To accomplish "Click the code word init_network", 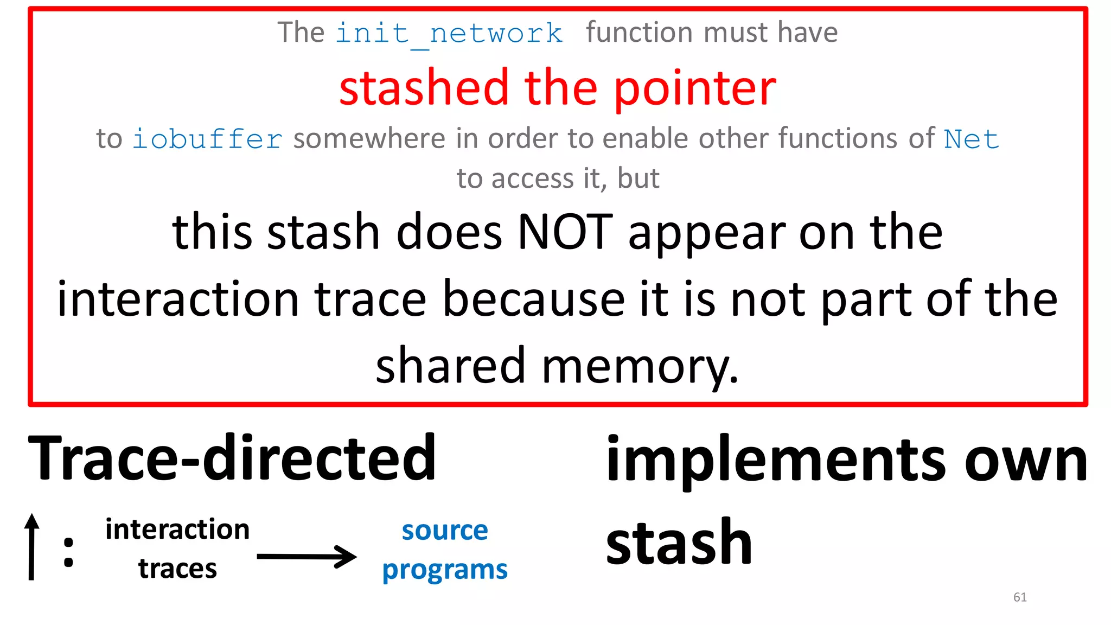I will pos(449,34).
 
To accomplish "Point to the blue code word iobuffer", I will pos(207,139).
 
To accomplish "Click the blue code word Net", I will pos(971,139).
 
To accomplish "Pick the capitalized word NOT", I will pos(565,232).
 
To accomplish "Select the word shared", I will pos(450,366).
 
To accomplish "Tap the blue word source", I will pos(445,530).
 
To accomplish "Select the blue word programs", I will pos(445,570).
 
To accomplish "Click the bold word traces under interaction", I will pos(177,569).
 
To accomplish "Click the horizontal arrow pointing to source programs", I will pos(307,557).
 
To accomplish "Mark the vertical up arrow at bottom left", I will pos(32,546).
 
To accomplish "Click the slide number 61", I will pos(1020,597).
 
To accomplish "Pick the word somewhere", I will pos(369,139).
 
